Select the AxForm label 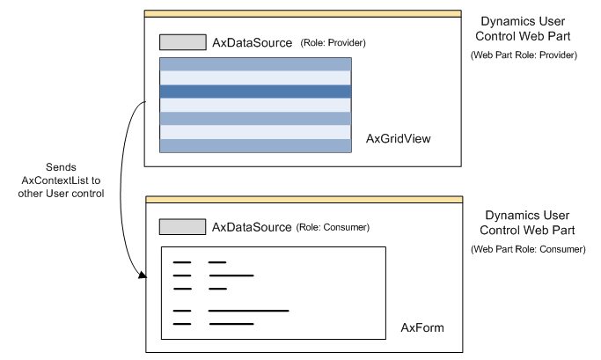421,327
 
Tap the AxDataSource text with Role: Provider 251,42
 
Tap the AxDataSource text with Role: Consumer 251,227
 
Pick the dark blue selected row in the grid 255,92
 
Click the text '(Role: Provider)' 333,43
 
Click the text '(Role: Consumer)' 334,228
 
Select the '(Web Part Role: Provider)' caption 524,55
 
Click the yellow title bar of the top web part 303,14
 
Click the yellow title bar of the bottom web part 303,200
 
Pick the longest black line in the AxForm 248,310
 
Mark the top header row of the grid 255,64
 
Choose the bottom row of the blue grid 255,146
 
